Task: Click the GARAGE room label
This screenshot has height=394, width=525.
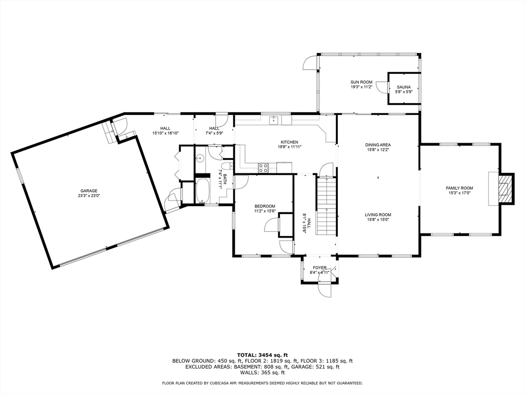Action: (89, 191)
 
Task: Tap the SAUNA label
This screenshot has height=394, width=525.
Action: (403, 87)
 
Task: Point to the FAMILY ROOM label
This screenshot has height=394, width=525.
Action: (459, 188)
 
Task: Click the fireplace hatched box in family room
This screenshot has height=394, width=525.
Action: (506, 188)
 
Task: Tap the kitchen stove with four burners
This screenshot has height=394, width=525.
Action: (263, 168)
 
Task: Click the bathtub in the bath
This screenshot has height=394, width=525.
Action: (202, 191)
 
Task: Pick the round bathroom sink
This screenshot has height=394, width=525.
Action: (200, 158)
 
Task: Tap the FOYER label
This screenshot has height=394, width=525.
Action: (320, 268)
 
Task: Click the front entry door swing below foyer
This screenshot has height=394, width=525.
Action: (325, 290)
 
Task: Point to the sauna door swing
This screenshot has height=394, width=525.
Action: (381, 86)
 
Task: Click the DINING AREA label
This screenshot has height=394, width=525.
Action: (378, 145)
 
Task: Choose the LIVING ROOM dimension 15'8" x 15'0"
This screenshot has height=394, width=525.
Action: (378, 220)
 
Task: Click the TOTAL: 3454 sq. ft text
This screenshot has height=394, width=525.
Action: (262, 355)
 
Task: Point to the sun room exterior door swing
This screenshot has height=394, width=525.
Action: (310, 63)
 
